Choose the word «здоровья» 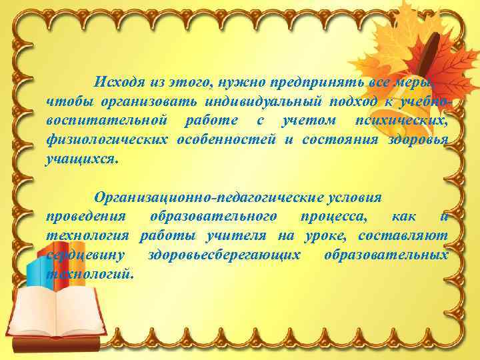[418, 140]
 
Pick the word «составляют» [403, 236]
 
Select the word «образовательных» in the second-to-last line [386, 255]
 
